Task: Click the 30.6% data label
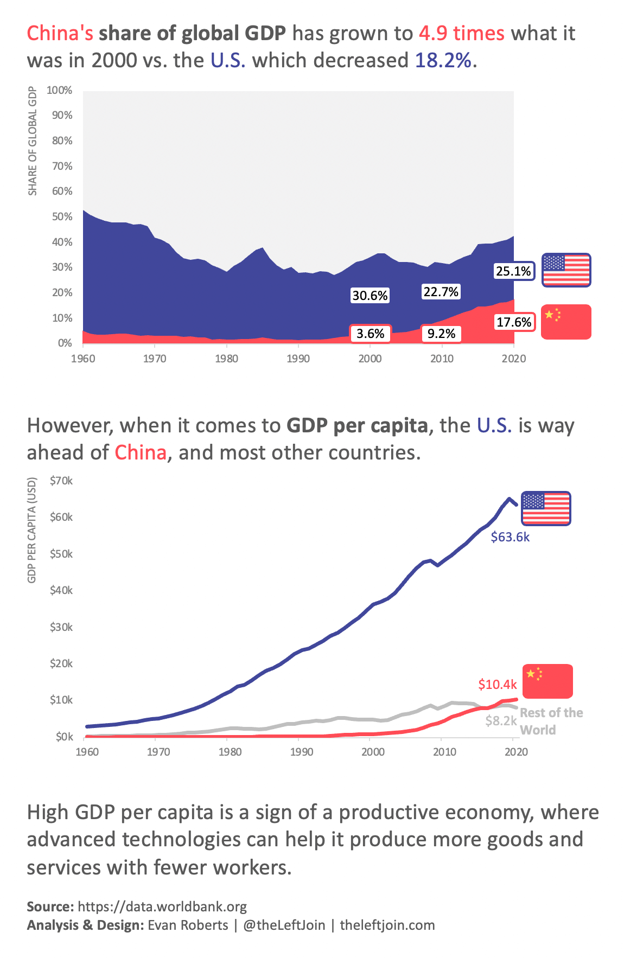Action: click(x=370, y=296)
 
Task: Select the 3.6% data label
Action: click(x=371, y=334)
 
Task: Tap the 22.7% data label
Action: click(x=441, y=292)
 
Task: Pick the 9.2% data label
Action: click(x=441, y=334)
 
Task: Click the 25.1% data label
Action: click(x=513, y=271)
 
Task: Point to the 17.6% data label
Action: click(x=514, y=322)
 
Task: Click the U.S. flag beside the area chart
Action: click(x=566, y=270)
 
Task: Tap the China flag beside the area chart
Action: click(x=566, y=322)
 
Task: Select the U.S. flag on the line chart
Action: click(x=546, y=508)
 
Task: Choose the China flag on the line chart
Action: click(x=547, y=681)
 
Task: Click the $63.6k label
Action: click(x=510, y=537)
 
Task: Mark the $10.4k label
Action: click(x=498, y=685)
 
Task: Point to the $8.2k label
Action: click(x=501, y=721)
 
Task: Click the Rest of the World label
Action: click(x=551, y=721)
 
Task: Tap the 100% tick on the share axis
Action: click(x=60, y=90)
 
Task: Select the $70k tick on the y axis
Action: click(x=61, y=481)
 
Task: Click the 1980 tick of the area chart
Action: click(x=226, y=359)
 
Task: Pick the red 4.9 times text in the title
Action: click(x=462, y=34)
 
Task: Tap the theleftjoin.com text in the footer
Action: click(x=387, y=925)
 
